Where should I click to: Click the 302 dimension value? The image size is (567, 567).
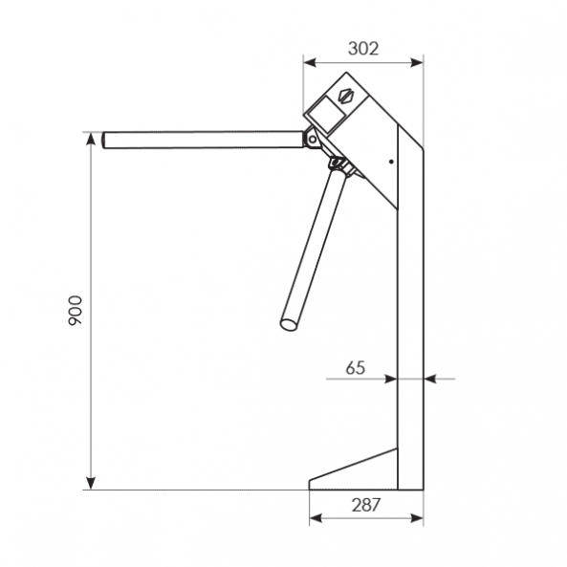(363, 49)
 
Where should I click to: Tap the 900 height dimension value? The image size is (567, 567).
(76, 310)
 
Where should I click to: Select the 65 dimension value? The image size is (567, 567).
(356, 368)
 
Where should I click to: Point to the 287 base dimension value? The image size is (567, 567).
(366, 505)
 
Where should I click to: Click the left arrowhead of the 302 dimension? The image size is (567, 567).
(310, 63)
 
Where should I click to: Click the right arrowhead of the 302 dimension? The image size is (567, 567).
(417, 63)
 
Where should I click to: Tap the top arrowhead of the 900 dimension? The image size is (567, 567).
(91, 139)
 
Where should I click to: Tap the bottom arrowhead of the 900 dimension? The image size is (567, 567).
(91, 483)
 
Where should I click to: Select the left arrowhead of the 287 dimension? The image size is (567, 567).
(316, 518)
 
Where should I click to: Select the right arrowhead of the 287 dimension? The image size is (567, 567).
(417, 518)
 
